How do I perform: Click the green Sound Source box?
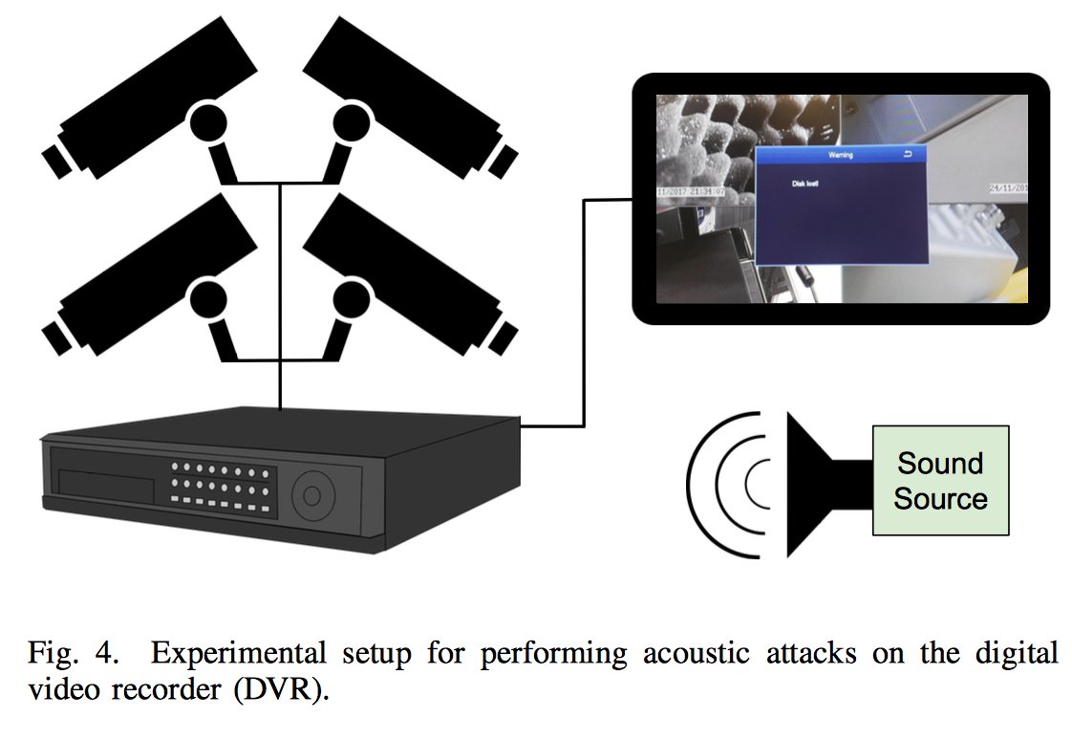(x=940, y=480)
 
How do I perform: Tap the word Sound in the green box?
(x=940, y=464)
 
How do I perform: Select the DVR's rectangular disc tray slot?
(x=106, y=484)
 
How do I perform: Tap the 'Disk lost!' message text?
(x=807, y=183)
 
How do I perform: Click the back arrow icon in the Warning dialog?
(x=908, y=154)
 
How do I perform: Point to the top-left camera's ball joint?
(x=207, y=122)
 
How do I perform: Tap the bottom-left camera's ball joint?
(x=207, y=301)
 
